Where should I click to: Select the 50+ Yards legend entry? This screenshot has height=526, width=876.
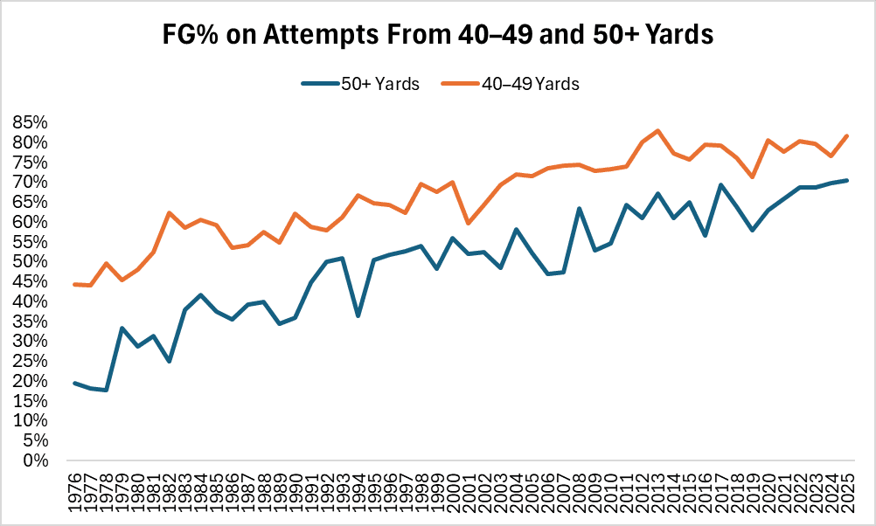point(361,84)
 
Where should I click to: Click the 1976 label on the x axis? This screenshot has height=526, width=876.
point(75,494)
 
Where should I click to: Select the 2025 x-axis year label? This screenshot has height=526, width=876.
point(846,494)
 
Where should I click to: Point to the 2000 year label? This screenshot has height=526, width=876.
point(453,494)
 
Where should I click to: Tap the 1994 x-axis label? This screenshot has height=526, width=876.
point(358,494)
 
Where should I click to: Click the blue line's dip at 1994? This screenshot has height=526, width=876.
point(358,315)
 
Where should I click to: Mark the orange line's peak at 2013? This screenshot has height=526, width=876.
point(657,131)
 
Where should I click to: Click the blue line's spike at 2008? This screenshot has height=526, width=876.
point(579,209)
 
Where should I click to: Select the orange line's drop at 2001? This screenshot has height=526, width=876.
point(469,223)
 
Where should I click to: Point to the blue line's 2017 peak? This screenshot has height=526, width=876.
point(720,185)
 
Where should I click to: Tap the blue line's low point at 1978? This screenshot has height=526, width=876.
point(107,390)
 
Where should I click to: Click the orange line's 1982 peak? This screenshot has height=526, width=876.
point(170,213)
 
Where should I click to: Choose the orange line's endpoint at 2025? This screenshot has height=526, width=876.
point(846,135)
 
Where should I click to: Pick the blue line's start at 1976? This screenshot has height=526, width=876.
point(75,383)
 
